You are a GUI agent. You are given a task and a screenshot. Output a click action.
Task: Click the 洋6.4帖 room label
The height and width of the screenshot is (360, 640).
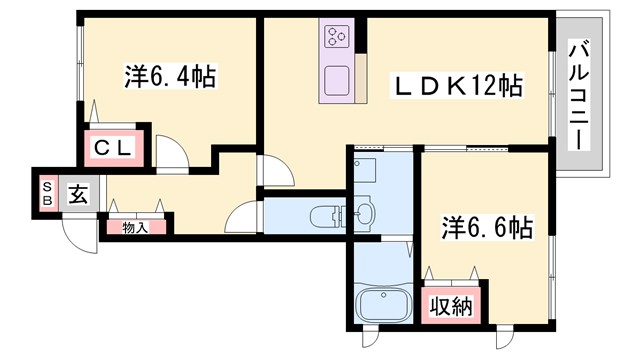[171, 76]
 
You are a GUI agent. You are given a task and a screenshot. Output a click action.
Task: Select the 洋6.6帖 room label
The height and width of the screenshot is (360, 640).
[487, 228]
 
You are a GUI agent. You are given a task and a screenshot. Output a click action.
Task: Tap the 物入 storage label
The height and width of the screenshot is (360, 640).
[135, 228]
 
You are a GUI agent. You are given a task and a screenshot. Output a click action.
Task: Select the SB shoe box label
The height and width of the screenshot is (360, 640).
[46, 192]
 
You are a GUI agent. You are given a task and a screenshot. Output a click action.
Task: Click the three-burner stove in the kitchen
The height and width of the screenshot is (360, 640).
[336, 38]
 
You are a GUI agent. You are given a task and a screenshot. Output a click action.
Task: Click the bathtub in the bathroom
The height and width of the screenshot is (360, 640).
[383, 304]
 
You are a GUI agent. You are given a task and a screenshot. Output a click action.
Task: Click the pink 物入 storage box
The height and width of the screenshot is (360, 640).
[135, 228]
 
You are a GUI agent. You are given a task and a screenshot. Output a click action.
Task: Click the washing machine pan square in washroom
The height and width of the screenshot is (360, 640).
[365, 167]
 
